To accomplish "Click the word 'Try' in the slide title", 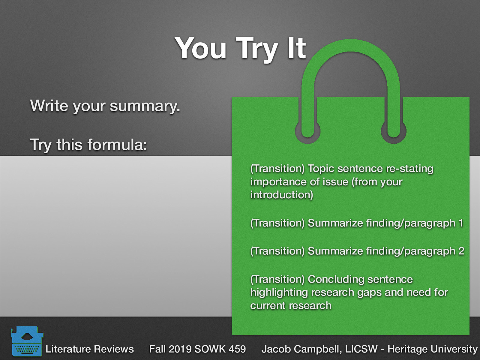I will coord(257,49).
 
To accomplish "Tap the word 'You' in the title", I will coord(201,48).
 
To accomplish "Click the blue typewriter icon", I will coord(27,341).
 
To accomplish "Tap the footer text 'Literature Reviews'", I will coord(89,349).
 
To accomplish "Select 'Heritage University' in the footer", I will coord(432,349).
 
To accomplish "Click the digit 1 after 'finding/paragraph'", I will coord(461,223).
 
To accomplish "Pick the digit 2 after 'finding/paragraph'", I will coord(461,251).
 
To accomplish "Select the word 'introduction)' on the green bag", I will coord(281,195).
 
